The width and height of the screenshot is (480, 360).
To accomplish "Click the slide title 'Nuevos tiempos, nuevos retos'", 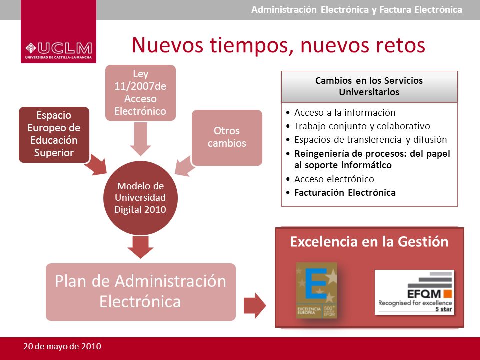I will click(x=278, y=45).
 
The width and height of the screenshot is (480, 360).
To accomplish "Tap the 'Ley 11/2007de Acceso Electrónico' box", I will click(x=140, y=92).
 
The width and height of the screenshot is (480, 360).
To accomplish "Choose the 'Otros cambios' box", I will click(x=227, y=137).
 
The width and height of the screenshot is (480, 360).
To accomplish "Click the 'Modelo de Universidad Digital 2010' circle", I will click(x=140, y=198).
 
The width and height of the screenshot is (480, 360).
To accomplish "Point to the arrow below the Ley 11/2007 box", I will click(x=140, y=140).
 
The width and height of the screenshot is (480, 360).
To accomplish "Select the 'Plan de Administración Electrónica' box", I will click(x=140, y=291).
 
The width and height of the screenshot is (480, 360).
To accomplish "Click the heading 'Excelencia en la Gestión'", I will click(x=369, y=242).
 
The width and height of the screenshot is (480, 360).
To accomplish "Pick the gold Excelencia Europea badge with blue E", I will click(x=316, y=290).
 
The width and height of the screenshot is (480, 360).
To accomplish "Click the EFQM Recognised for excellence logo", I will click(x=414, y=293).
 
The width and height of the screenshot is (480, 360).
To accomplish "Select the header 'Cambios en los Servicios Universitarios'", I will click(x=369, y=86).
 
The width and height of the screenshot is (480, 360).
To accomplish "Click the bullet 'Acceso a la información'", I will click(x=344, y=112).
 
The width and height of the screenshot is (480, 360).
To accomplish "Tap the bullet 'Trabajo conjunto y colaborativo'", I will click(x=362, y=126).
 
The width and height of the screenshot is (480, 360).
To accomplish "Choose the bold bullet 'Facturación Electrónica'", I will click(x=344, y=192).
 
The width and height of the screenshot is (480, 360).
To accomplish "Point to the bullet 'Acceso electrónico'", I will click(x=334, y=179).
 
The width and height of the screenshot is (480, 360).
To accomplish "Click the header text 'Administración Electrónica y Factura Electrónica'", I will click(x=356, y=10).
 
